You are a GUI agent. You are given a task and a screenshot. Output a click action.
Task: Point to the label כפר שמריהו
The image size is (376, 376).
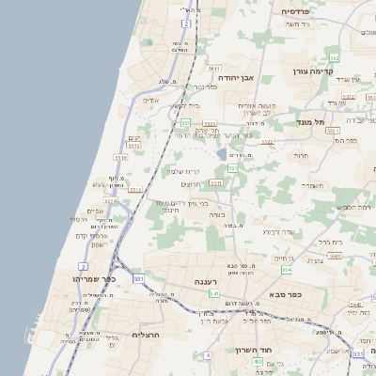point(92,280)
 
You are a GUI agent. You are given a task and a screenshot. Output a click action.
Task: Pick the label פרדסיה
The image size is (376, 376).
point(302,11)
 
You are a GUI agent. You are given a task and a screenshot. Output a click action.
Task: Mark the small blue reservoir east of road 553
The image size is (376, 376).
point(222,153)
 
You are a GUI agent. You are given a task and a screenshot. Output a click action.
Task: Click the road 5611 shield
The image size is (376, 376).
point(215,69)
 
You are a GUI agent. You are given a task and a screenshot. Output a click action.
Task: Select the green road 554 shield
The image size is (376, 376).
point(286,269)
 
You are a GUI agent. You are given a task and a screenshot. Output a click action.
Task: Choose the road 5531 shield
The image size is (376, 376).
point(217,182)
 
